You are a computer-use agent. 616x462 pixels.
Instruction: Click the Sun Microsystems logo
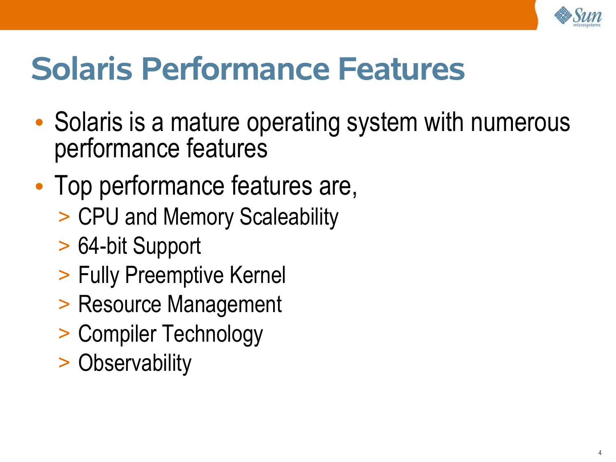pyautogui.click(x=578, y=16)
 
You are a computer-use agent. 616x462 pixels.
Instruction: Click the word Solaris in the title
pyautogui.click(x=82, y=69)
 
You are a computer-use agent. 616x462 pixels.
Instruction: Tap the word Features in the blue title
pyautogui.click(x=401, y=69)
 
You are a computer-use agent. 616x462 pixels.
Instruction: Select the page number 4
pyautogui.click(x=600, y=453)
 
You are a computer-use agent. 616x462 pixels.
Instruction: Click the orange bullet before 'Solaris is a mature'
pyautogui.click(x=39, y=122)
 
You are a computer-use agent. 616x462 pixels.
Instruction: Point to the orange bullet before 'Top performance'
pyautogui.click(x=39, y=186)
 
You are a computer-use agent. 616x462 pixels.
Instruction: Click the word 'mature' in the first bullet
pyautogui.click(x=205, y=122)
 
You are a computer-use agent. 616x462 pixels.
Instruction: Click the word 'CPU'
pyautogui.click(x=98, y=216)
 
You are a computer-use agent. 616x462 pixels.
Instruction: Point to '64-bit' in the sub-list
pyautogui.click(x=102, y=246)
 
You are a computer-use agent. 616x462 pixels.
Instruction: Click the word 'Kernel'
pyautogui.click(x=257, y=275)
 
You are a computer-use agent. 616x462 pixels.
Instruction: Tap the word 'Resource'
pyautogui.click(x=120, y=304)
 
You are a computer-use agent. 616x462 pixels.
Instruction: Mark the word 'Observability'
pyautogui.click(x=135, y=364)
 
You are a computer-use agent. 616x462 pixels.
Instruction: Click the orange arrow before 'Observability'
pyautogui.click(x=64, y=363)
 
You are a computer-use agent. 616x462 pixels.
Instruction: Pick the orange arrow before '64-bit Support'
pyautogui.click(x=64, y=246)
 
